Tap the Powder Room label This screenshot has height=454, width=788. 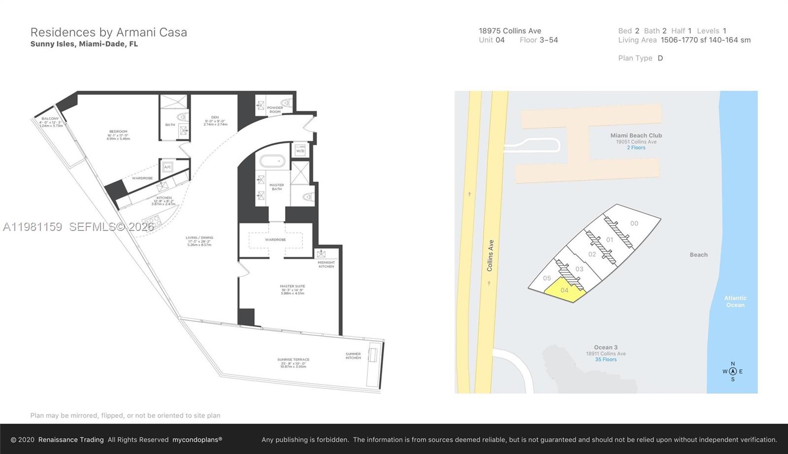click(275, 109)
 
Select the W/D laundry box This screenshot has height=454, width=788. click(300, 150)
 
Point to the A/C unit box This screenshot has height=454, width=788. click(167, 167)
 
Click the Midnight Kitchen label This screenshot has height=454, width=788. click(326, 264)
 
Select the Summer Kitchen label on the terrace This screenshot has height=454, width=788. click(353, 356)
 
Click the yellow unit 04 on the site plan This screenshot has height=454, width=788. click(564, 290)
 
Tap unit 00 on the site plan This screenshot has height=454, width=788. click(634, 223)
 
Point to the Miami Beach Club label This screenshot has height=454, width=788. click(636, 135)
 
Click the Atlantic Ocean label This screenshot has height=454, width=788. click(735, 301)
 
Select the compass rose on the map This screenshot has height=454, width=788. click(732, 371)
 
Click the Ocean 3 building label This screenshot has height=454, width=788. click(605, 347)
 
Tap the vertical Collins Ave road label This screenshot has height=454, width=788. click(490, 256)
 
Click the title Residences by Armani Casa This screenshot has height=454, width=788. click(108, 32)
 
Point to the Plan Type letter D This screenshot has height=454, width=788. click(660, 58)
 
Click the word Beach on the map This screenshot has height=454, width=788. click(698, 255)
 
